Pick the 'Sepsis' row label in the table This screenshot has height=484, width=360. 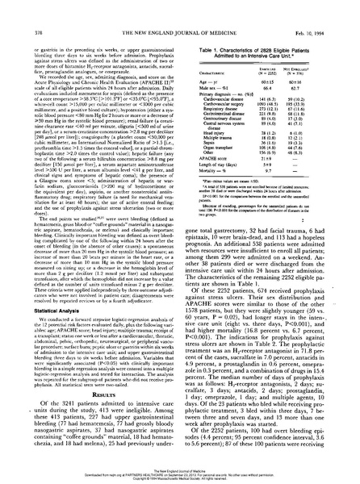click(x=202, y=130)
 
